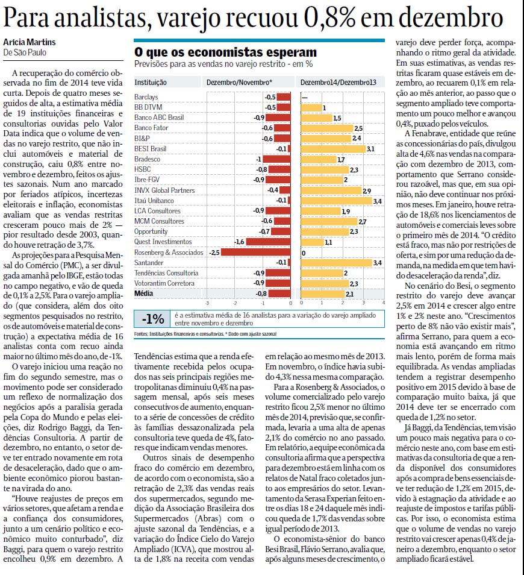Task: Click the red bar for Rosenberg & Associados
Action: (256, 253)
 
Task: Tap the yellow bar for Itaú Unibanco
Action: (336, 201)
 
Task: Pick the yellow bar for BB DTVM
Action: (311, 107)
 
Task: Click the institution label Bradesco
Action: (147, 159)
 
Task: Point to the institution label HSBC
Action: (142, 169)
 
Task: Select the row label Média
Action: (143, 294)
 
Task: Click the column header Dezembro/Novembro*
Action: (239, 83)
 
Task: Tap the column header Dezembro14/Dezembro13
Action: (338, 83)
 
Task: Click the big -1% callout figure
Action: (153, 319)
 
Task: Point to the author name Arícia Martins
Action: (30, 42)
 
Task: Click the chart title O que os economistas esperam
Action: (225, 52)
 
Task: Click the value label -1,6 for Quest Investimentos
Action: (239, 242)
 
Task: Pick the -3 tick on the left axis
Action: (207, 303)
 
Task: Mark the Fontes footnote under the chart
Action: (205, 334)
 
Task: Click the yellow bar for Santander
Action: (336, 263)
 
